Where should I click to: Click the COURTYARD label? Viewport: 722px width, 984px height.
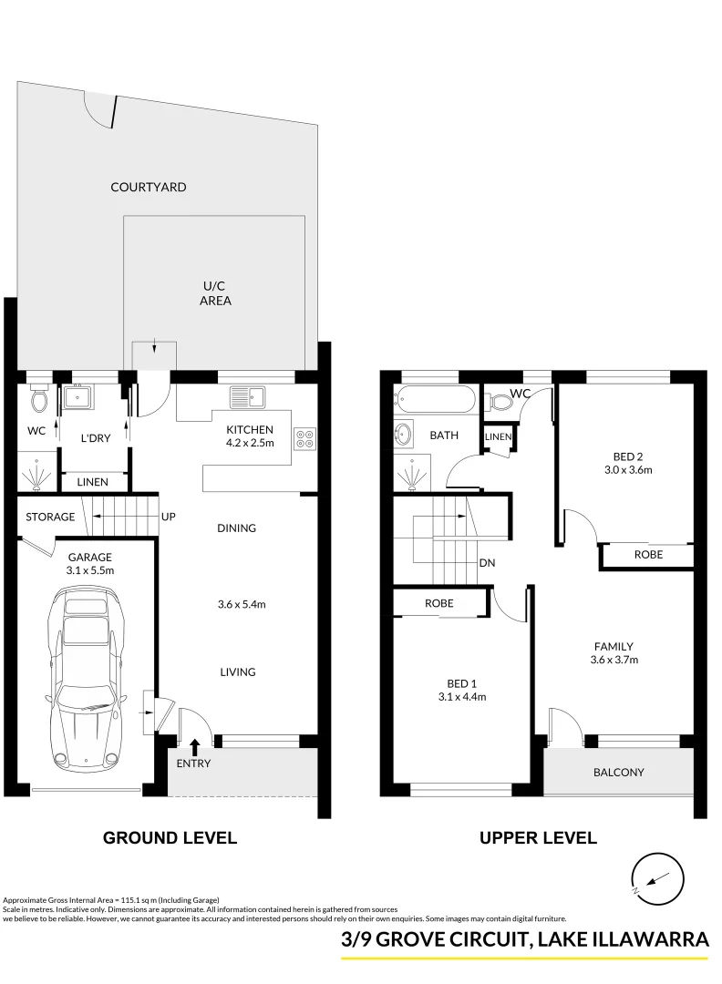tap(148, 187)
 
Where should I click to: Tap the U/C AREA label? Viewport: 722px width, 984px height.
tap(214, 292)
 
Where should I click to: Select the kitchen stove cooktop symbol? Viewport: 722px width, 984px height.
tap(305, 438)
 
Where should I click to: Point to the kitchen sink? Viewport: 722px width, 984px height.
tap(247, 397)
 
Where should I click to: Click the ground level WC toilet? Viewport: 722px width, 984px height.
tap(37, 398)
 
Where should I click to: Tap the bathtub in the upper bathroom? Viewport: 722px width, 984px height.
tap(435, 401)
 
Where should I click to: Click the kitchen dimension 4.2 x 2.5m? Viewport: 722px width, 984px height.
tap(249, 444)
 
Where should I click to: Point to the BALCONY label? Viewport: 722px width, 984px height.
tap(618, 772)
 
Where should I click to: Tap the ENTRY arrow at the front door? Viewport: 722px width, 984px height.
tap(194, 748)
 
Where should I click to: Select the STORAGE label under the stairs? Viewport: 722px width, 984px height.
tap(50, 517)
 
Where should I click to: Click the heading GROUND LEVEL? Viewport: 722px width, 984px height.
tap(170, 837)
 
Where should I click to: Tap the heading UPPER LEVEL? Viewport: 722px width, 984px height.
tap(538, 837)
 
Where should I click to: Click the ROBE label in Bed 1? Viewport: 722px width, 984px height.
tap(438, 603)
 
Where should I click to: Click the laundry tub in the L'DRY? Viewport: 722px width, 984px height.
tap(77, 398)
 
